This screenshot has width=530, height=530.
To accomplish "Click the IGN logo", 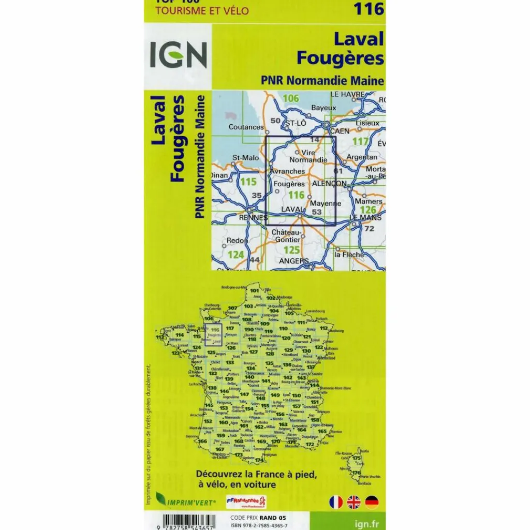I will (178, 55).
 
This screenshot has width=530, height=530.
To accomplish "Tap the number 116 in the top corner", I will (369, 9).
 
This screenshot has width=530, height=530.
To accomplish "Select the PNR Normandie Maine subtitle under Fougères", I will (322, 80).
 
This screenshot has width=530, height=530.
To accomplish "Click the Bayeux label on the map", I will (323, 108).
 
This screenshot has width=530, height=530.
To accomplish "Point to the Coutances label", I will (246, 127).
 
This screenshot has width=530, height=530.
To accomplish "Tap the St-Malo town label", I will (245, 158).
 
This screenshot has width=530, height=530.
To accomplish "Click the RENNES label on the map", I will (254, 218).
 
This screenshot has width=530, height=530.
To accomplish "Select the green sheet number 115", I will (248, 182).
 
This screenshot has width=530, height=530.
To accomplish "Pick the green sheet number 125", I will (292, 250).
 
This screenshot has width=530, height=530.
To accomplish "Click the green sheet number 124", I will (235, 254).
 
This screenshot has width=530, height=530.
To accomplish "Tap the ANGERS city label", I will (293, 261).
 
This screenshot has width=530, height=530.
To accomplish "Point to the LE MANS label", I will (365, 218).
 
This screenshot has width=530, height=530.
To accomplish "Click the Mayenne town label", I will (325, 203).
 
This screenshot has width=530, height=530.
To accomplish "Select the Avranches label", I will (287, 171).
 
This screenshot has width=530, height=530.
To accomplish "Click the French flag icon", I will (336, 501).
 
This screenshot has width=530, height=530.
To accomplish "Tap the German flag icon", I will (371, 501).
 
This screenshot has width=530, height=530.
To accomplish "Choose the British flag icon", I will (354, 501).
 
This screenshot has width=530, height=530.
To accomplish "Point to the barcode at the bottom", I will (183, 520).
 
